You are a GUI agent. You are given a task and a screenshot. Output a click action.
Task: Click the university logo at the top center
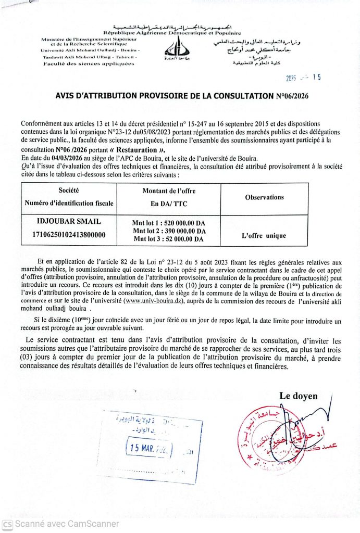[x=174, y=48]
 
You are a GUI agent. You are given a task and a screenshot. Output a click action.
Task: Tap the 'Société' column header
[x=69, y=192]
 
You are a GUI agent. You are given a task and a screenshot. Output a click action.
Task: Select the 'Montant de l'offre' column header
[x=162, y=192]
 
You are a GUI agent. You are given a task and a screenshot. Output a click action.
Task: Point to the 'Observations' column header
[x=264, y=197]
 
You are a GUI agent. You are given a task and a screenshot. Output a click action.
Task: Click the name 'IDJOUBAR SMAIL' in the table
[x=70, y=222]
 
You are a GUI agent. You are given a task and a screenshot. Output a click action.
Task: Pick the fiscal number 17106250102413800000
[x=69, y=235]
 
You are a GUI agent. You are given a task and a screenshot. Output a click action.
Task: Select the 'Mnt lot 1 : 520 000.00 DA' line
[x=169, y=223]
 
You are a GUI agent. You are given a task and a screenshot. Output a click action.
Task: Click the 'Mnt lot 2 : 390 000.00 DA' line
[x=169, y=231]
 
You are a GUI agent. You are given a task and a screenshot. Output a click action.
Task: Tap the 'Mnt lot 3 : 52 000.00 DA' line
[x=169, y=239]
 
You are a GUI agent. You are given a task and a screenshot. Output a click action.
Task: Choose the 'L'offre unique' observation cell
[x=264, y=236]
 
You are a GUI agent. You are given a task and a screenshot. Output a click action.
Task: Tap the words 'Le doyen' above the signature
[x=298, y=396]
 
